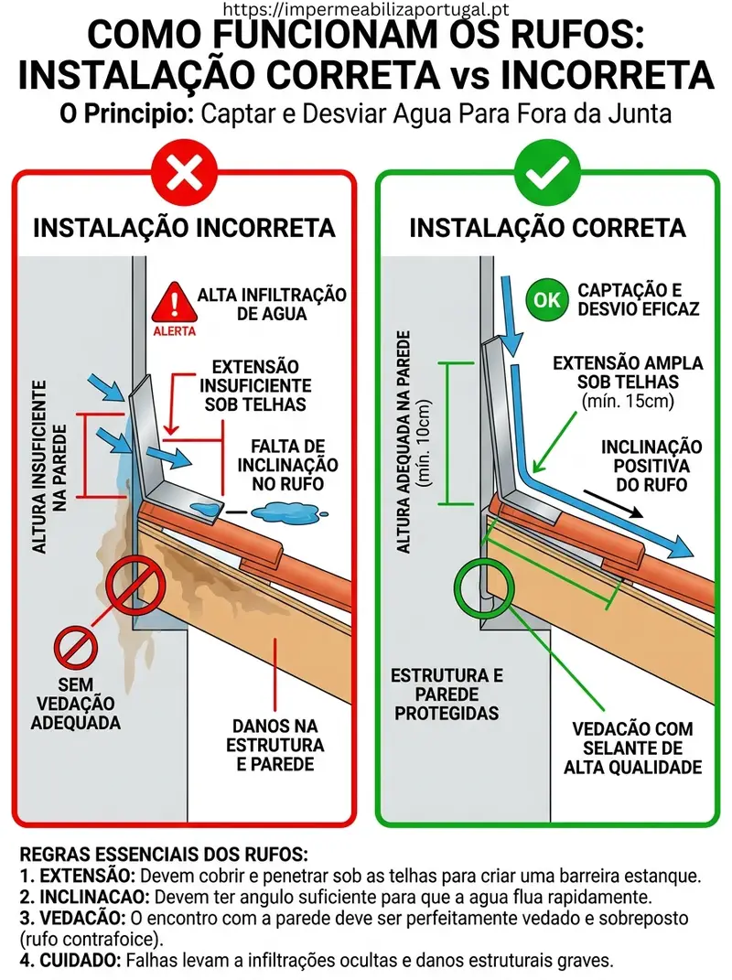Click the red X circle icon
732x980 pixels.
184,171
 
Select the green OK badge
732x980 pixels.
546,299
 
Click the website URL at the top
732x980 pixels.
366,10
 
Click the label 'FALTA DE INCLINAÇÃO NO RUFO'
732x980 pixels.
287,465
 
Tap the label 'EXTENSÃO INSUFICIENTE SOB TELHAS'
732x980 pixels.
255,384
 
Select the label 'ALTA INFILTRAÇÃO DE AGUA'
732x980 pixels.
272,305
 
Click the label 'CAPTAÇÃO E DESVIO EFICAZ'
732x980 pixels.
638,299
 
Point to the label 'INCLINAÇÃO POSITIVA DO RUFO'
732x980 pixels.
651,465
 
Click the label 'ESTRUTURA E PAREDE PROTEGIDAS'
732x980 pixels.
447,695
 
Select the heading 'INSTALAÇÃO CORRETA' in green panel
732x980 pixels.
547,227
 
